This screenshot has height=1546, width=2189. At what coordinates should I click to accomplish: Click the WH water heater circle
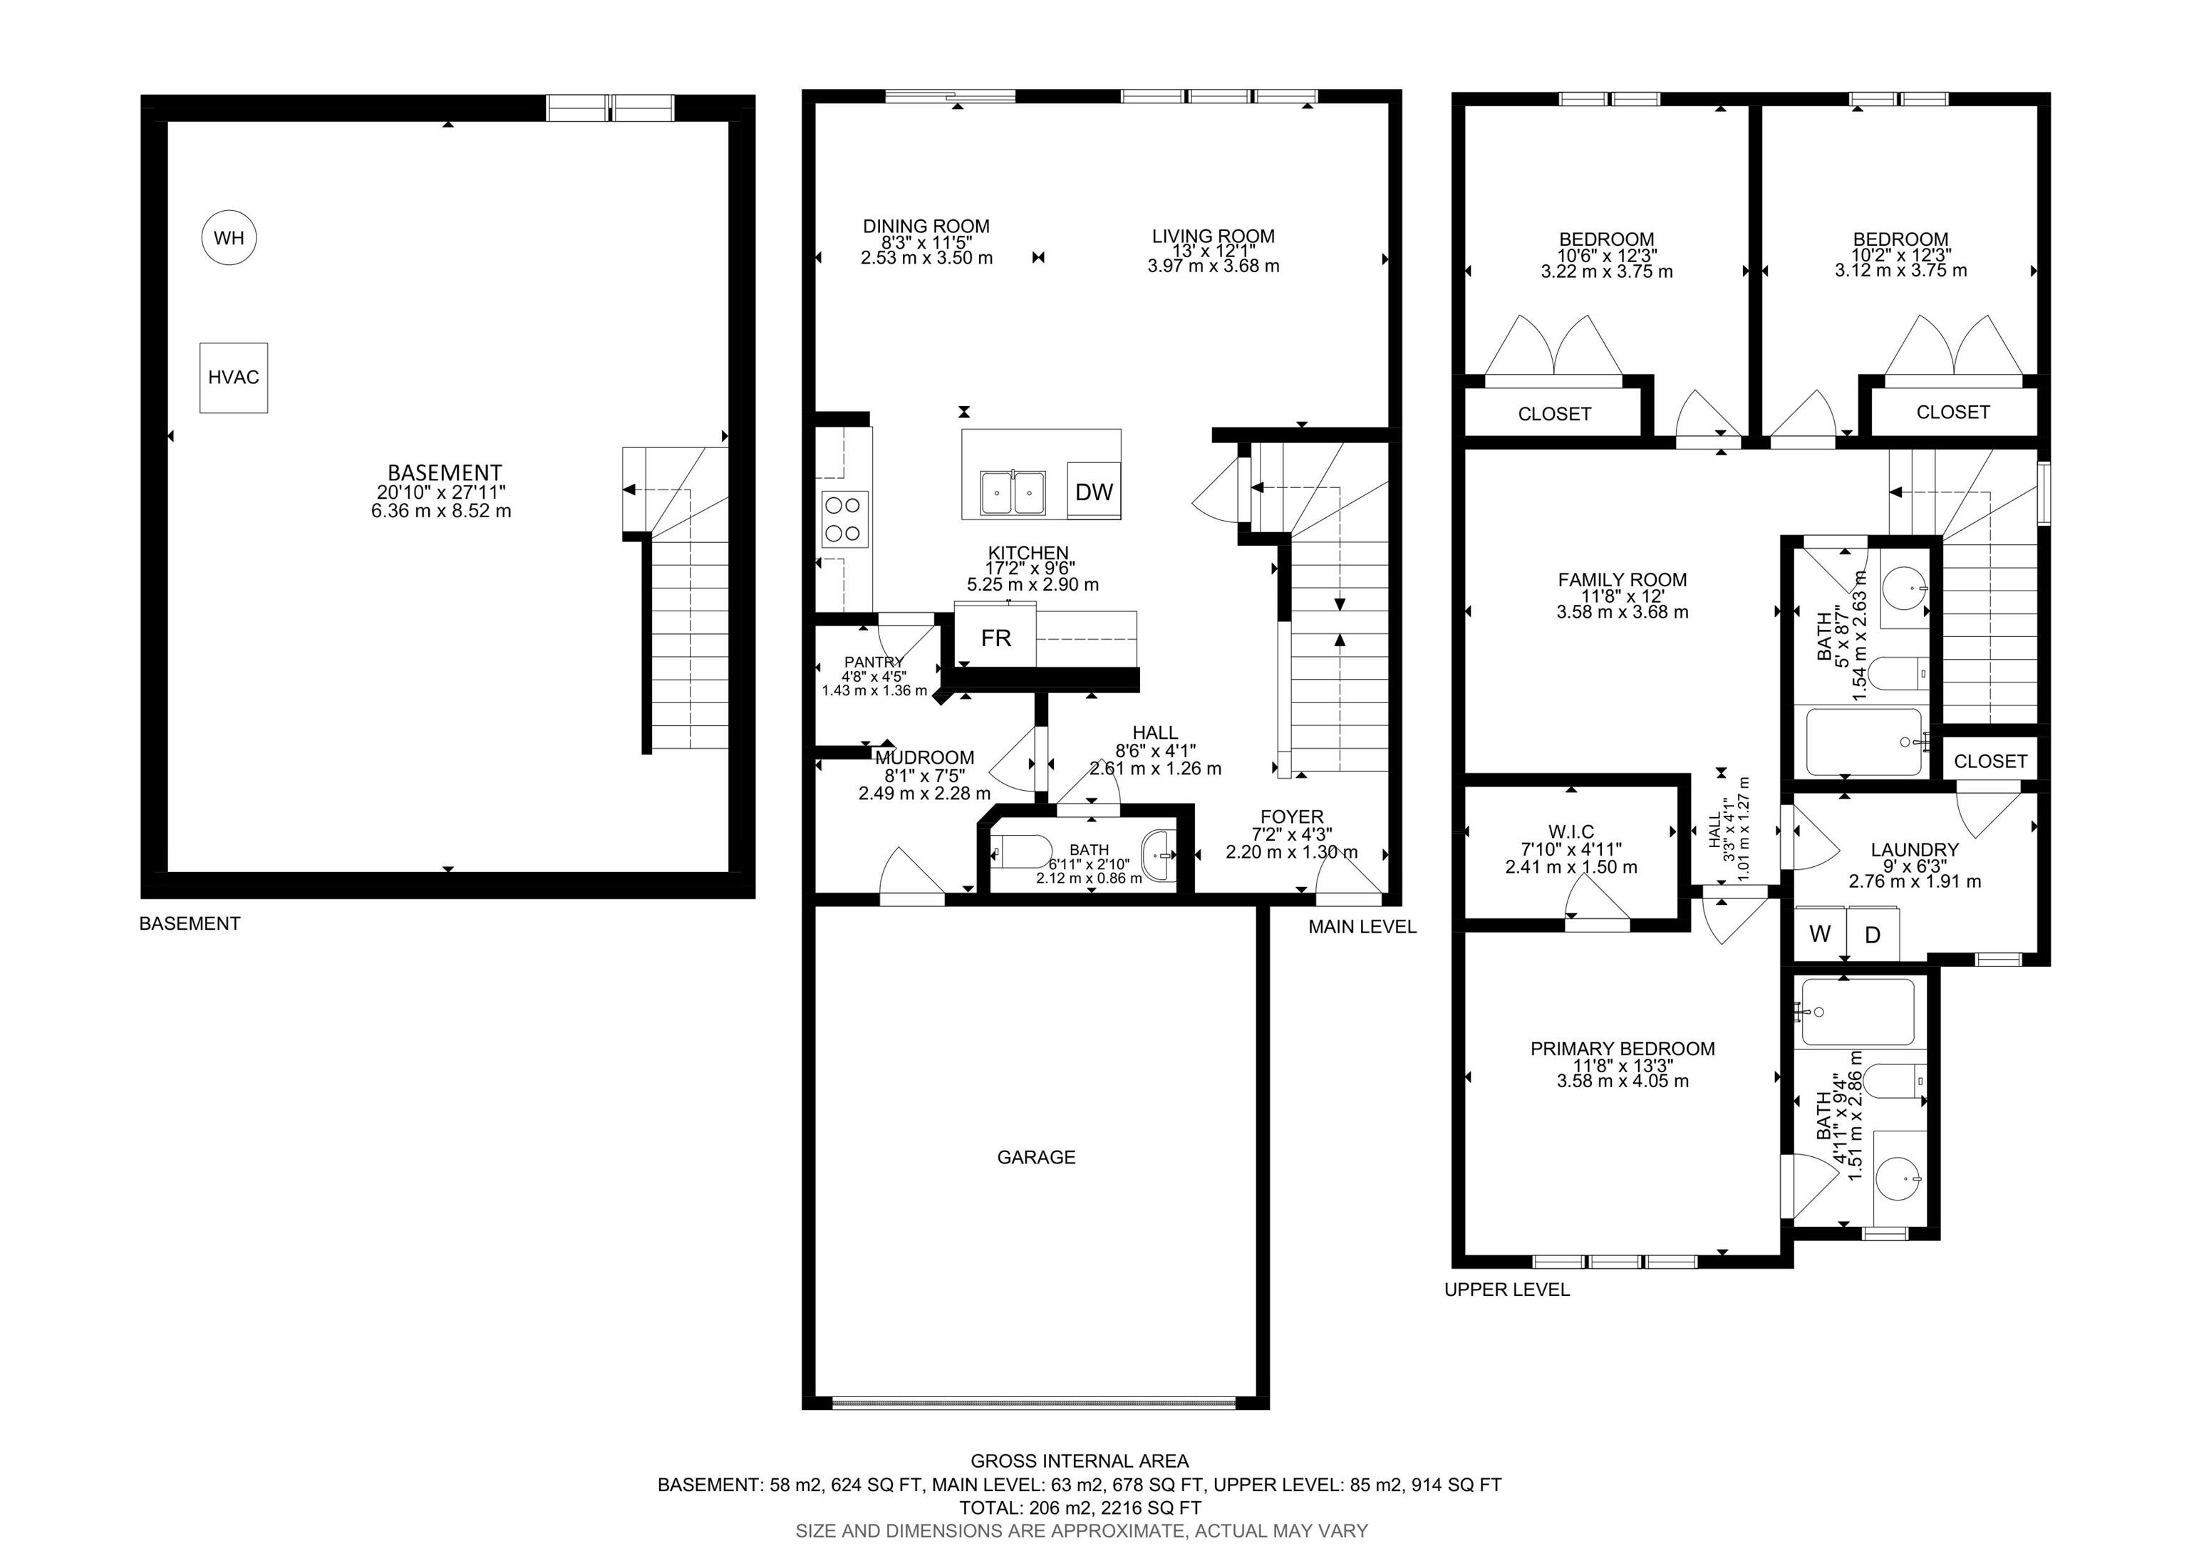coord(229,237)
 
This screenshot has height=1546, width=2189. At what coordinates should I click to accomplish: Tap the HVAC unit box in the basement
coord(234,378)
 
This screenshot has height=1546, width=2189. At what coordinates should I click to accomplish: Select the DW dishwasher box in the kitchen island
coord(1094,491)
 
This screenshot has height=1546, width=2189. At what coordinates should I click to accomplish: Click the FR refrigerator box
coord(995,637)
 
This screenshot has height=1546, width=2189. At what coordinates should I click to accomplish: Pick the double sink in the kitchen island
coord(1013,492)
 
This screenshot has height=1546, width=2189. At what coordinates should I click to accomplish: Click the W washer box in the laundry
coord(1820,933)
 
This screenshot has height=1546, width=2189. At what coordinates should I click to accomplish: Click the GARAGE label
coord(1036,1157)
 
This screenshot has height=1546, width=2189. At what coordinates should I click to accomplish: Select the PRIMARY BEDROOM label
coord(1623,1049)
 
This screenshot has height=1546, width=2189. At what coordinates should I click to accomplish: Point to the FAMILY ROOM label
coord(1623,579)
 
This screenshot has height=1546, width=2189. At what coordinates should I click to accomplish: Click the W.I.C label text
coord(1571,832)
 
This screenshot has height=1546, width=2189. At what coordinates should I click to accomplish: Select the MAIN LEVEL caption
coord(1362,926)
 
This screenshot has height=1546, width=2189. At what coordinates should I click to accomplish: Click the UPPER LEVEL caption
coord(1507,1290)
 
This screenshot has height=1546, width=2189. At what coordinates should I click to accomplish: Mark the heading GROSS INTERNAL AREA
coord(1080,1461)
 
